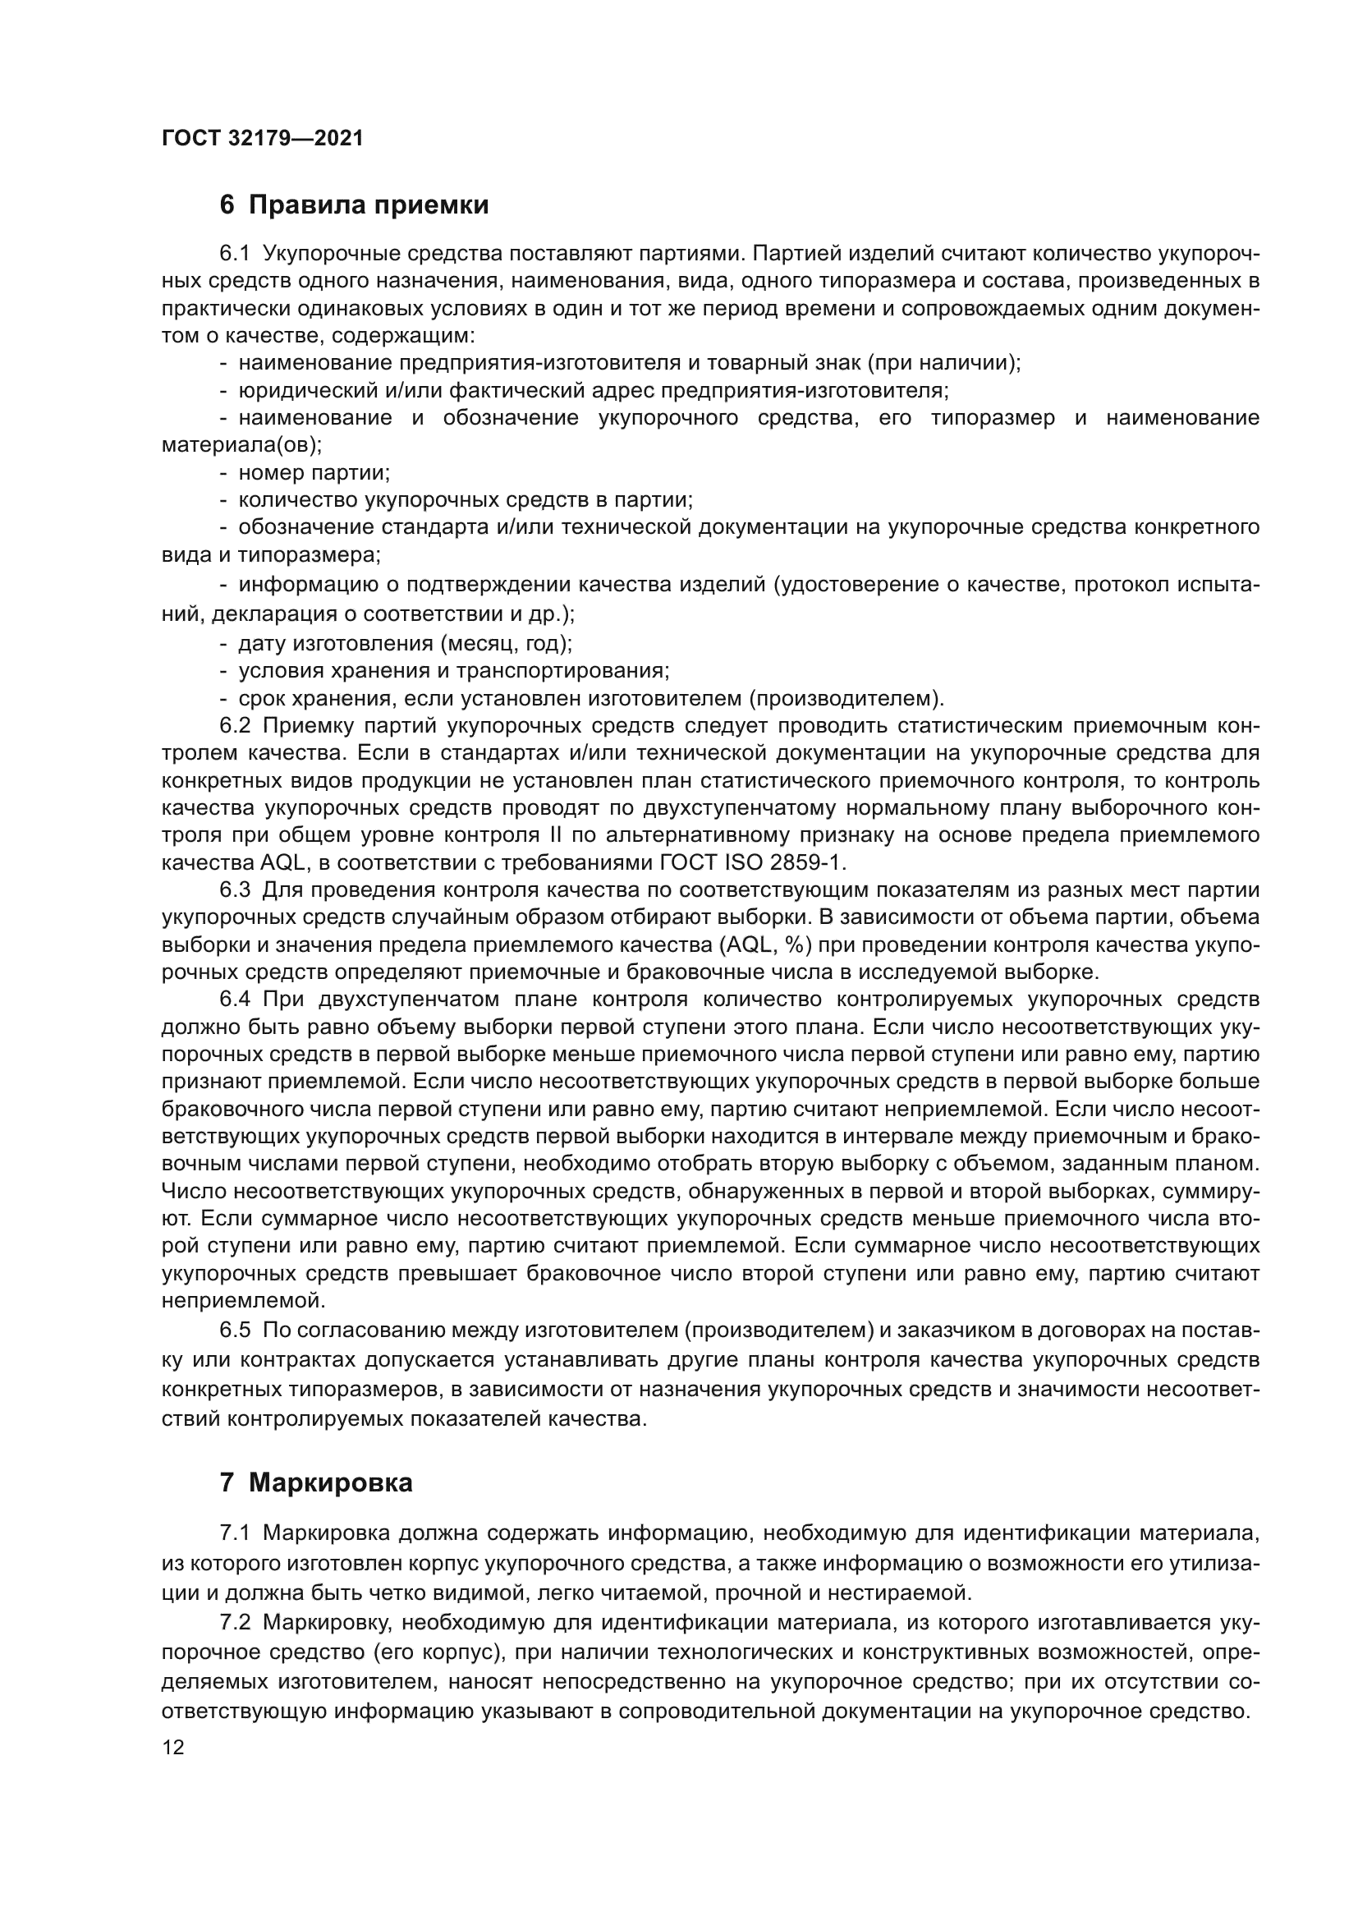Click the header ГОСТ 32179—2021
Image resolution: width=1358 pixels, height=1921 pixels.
point(263,138)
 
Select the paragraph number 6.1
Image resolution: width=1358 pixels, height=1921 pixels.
point(235,253)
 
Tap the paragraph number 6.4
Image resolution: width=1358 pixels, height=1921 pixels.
point(235,999)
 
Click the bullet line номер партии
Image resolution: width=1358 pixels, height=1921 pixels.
point(314,473)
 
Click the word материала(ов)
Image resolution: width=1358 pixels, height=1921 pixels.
point(241,444)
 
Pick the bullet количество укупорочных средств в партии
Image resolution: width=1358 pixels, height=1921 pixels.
point(465,500)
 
